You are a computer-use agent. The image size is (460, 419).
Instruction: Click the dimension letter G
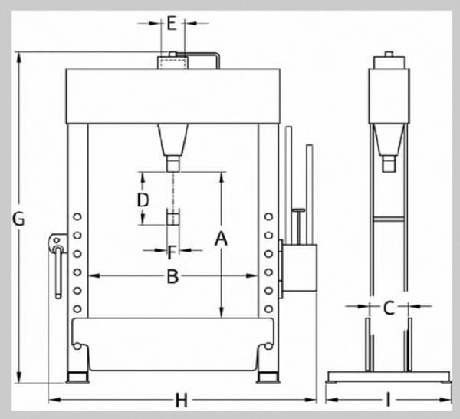coord(18,219)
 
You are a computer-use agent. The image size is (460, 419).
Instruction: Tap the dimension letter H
coord(181,400)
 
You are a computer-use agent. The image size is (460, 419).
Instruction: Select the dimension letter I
coord(388,400)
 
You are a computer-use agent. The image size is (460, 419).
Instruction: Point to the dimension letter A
coord(221,239)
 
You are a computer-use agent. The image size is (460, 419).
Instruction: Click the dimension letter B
coord(172,276)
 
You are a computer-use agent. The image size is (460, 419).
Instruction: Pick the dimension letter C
coord(389,308)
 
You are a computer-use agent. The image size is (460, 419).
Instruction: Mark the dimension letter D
coord(143,200)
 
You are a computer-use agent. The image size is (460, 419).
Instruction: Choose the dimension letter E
coord(172,23)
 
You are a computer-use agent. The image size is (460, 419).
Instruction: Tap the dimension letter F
coord(172,252)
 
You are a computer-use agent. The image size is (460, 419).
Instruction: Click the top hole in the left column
coord(77,216)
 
